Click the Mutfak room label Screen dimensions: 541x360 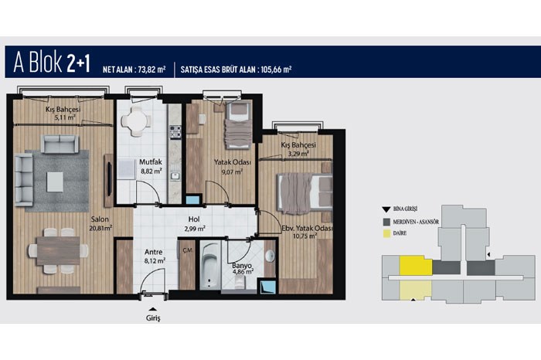click(151, 161)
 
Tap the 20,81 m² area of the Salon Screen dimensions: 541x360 click(100, 228)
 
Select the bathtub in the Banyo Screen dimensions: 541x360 click(209, 266)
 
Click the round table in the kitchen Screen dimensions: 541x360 click(136, 121)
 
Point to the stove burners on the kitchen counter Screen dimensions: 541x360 click(175, 132)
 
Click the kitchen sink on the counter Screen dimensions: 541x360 click(175, 176)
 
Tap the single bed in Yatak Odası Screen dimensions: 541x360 click(238, 125)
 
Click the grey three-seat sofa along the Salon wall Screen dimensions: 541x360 click(24, 179)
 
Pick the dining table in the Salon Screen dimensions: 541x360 click(58, 251)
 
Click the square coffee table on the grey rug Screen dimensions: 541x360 click(55, 182)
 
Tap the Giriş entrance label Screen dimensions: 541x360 click(153, 318)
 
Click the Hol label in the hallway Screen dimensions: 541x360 click(194, 219)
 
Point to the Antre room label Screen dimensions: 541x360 click(154, 252)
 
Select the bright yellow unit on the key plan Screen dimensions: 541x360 click(416, 266)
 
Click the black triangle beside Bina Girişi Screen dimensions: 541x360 click(386, 209)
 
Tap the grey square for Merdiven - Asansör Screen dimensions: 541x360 click(386, 222)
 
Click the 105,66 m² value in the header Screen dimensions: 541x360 click(276, 70)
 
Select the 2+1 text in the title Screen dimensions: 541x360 click(78, 63)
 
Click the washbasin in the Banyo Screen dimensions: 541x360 click(270, 256)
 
